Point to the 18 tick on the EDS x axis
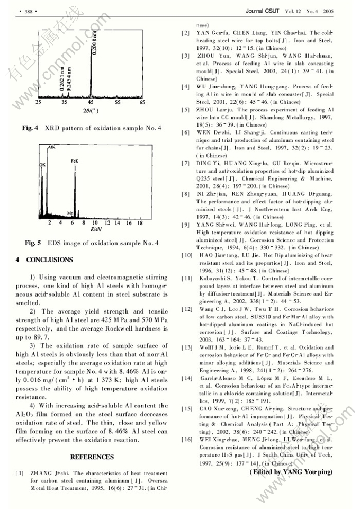coord(139,223)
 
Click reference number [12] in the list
coord(186,309)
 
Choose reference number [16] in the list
coord(186,440)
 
